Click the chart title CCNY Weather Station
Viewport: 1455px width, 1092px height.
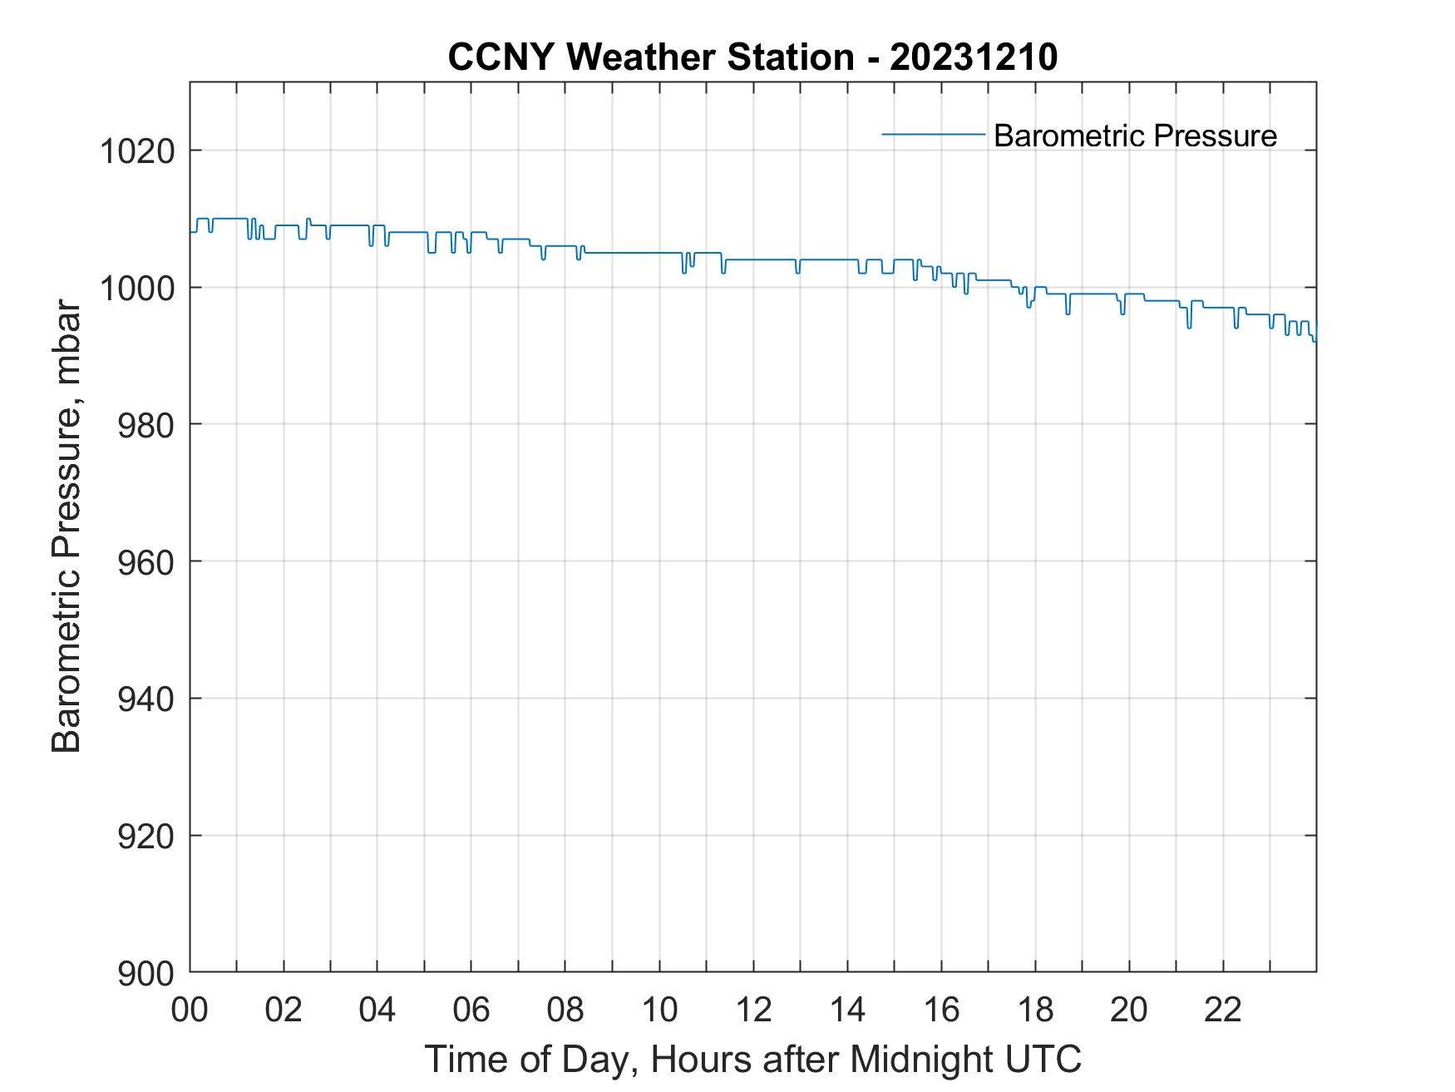[x=650, y=58]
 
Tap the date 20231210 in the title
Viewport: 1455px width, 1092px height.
[x=974, y=58]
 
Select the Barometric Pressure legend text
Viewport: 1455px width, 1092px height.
[x=1135, y=136]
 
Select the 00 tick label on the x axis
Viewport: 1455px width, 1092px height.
[x=190, y=1011]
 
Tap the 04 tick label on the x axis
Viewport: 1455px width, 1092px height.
[x=377, y=1011]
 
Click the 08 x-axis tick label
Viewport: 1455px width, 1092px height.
[x=565, y=1011]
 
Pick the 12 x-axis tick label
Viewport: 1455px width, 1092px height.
[x=753, y=1011]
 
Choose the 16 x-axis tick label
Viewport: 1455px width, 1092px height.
[x=941, y=1011]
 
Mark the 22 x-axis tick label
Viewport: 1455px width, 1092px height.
[x=1223, y=1011]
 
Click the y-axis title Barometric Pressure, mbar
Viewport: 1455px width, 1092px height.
[x=67, y=526]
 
